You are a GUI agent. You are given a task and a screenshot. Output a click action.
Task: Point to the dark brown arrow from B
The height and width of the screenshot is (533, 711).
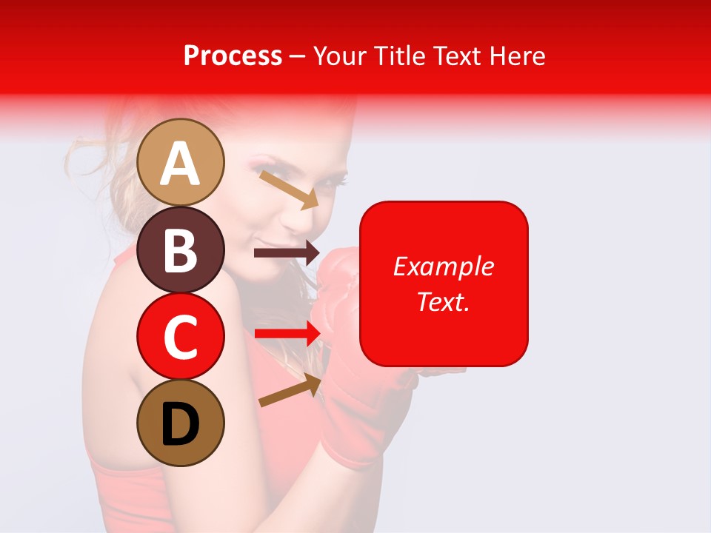[286, 253]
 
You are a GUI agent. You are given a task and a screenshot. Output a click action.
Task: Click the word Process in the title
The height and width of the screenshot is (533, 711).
[233, 56]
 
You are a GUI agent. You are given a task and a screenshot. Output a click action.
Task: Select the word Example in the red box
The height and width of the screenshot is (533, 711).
[443, 266]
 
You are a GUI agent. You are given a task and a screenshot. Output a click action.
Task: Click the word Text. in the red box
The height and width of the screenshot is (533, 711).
[443, 301]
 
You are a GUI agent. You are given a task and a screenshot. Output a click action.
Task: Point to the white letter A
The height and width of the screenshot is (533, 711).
[181, 164]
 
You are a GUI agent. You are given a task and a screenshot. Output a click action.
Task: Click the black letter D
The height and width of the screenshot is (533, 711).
[181, 425]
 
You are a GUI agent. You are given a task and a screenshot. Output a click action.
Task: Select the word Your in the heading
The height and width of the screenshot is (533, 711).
[340, 56]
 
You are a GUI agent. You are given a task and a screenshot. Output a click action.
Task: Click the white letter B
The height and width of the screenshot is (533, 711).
[181, 250]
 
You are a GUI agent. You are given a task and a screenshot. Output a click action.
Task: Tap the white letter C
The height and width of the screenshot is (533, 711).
[181, 338]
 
